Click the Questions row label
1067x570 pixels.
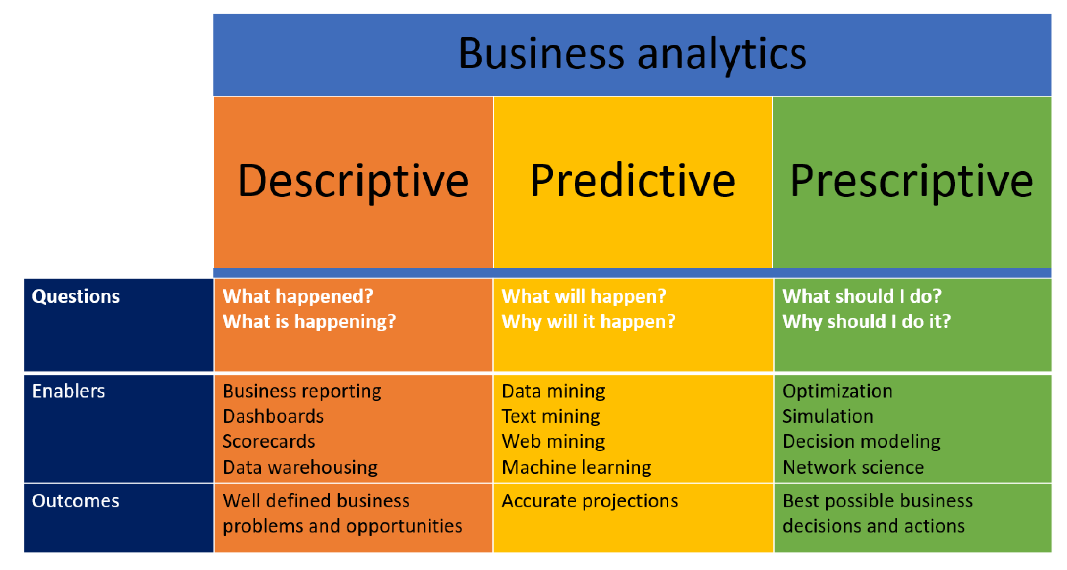76,296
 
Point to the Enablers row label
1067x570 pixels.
68,391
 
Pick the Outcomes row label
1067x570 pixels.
75,501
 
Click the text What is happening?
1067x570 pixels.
309,322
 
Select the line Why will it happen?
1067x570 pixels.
589,322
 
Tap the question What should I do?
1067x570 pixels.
862,296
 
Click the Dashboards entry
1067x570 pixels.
273,417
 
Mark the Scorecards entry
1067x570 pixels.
269,442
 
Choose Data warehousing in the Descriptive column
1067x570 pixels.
300,468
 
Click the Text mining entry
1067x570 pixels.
551,417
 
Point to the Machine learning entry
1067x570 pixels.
576,468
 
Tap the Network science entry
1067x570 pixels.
853,467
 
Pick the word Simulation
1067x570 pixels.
828,417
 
